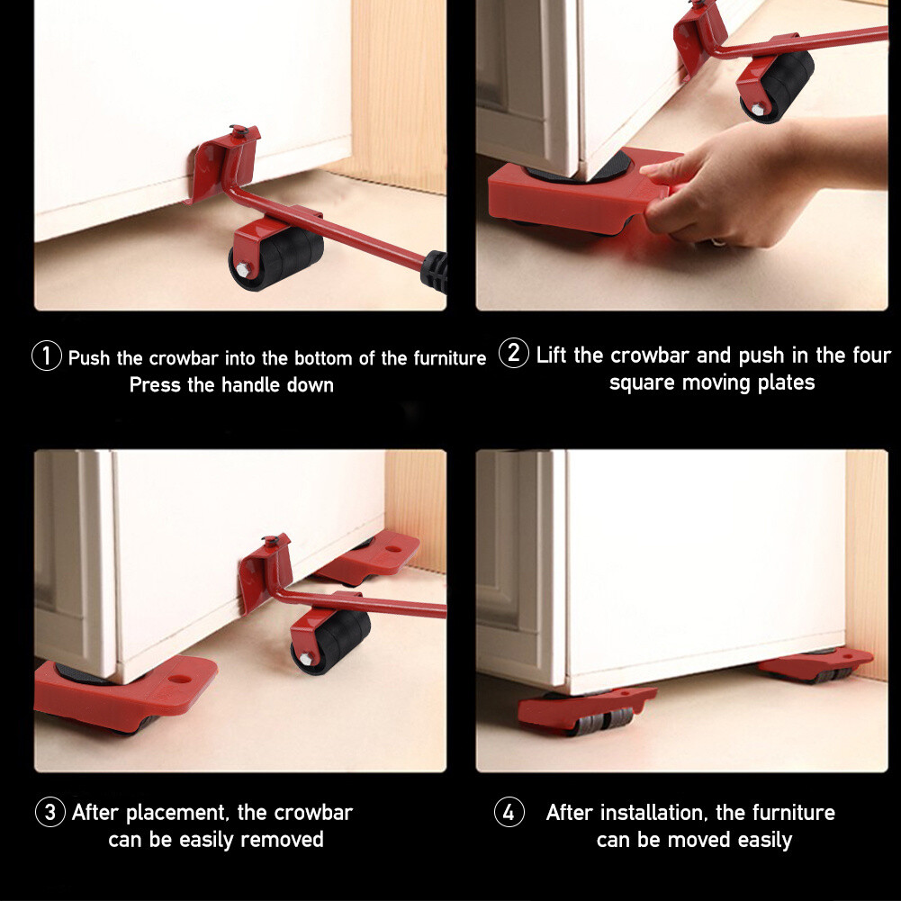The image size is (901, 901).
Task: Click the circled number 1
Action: (x=47, y=356)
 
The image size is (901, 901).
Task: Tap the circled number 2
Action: (x=513, y=354)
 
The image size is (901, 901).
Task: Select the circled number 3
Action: (x=50, y=813)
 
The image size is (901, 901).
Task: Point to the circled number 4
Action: (x=509, y=813)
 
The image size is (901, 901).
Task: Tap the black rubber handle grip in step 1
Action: (x=436, y=269)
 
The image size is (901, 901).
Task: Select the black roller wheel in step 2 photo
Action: (x=778, y=85)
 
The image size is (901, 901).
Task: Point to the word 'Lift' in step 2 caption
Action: (x=552, y=355)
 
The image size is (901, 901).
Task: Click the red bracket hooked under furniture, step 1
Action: (x=225, y=162)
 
